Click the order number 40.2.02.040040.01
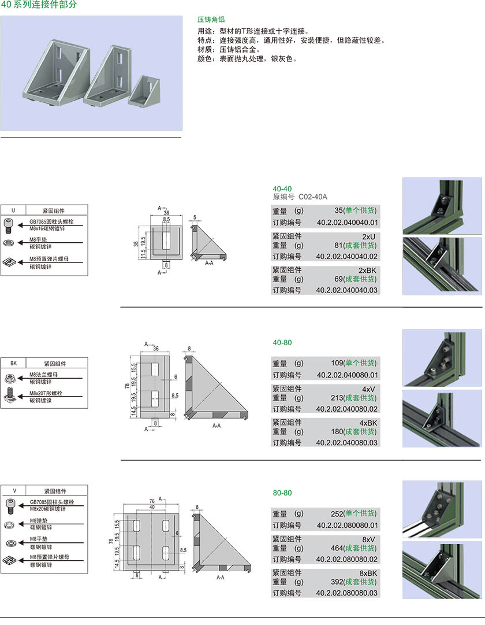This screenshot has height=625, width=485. tap(347, 223)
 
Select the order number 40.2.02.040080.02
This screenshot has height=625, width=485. tap(347, 409)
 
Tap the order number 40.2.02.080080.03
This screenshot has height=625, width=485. tap(347, 593)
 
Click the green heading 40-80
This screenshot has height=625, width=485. tap(282, 342)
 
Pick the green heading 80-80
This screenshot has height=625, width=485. tap(282, 493)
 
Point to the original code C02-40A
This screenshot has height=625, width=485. tap(313, 197)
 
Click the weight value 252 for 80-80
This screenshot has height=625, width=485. tap(337, 513)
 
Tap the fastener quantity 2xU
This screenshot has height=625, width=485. tap(369, 236)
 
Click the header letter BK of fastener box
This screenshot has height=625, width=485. tap(14, 364)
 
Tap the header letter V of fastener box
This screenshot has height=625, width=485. tap(14, 490)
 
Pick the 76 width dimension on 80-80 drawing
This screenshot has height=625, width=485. tap(151, 501)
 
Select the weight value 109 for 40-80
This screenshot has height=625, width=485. tap(337, 363)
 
